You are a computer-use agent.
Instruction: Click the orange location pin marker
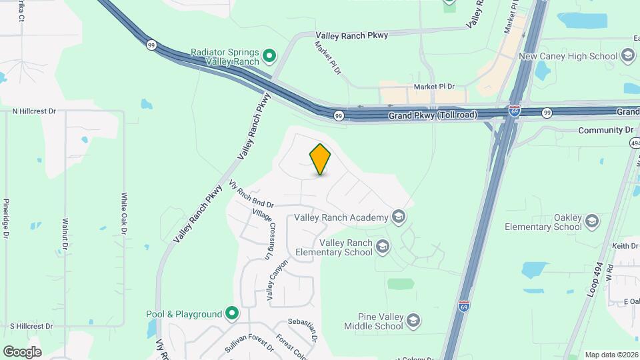click(x=320, y=159)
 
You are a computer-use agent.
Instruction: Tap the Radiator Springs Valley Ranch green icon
click(x=269, y=56)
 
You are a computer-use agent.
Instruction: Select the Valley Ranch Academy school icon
click(x=399, y=217)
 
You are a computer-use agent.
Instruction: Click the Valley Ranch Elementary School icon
click(x=382, y=247)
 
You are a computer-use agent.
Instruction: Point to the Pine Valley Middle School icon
click(x=413, y=321)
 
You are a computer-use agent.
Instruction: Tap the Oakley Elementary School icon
click(x=591, y=222)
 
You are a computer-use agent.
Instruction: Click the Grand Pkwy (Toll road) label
click(x=433, y=115)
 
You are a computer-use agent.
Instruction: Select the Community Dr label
click(x=605, y=130)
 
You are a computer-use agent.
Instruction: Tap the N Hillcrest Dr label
click(x=34, y=111)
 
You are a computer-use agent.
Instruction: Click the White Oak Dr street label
click(x=124, y=214)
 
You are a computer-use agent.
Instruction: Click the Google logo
click(x=23, y=351)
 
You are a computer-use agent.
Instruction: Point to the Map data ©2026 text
click(x=611, y=355)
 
